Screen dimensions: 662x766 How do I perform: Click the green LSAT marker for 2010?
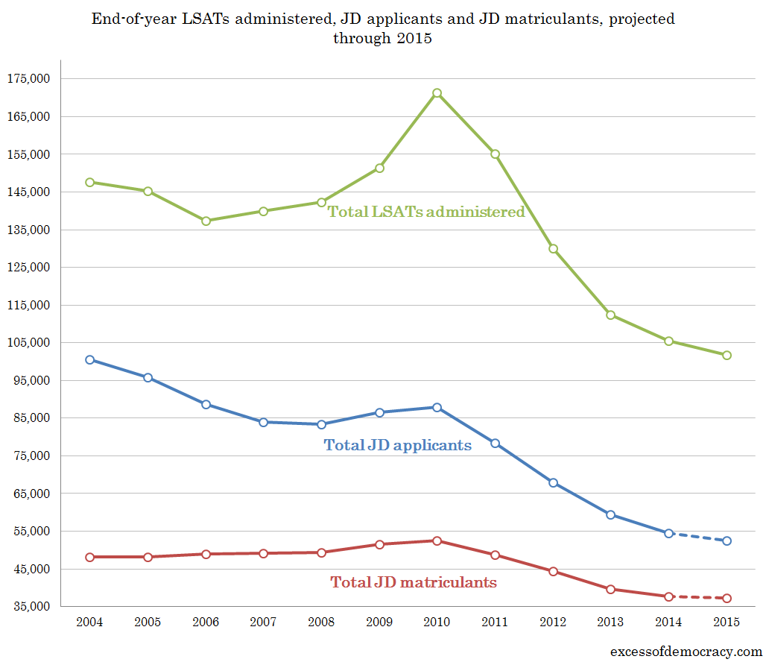pyautogui.click(x=437, y=93)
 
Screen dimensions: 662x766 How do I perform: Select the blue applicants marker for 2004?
pyautogui.click(x=89, y=359)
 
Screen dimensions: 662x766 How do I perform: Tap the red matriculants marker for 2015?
pyautogui.click(x=727, y=598)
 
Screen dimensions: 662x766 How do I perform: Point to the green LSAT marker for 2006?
pyautogui.click(x=206, y=221)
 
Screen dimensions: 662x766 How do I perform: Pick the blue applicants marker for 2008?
pyautogui.click(x=321, y=424)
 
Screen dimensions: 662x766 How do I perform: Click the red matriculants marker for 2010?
pyautogui.click(x=437, y=540)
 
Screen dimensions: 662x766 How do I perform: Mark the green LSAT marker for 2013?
pyautogui.click(x=611, y=315)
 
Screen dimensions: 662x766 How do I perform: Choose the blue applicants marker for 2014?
pyautogui.click(x=669, y=533)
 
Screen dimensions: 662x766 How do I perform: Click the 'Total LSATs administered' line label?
pyautogui.click(x=426, y=212)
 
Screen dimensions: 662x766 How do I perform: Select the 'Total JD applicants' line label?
pyautogui.click(x=398, y=445)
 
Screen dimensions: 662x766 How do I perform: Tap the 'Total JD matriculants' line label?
pyautogui.click(x=414, y=582)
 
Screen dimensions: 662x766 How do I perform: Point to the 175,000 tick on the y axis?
pyautogui.click(x=28, y=78)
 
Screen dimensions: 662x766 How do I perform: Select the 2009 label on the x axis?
pyautogui.click(x=379, y=622)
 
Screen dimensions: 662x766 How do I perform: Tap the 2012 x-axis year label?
pyautogui.click(x=553, y=622)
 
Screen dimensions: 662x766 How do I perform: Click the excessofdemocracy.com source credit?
pyautogui.click(x=686, y=651)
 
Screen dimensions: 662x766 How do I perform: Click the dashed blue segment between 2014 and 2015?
pyautogui.click(x=698, y=537)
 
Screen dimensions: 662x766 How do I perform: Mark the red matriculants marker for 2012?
pyautogui.click(x=553, y=571)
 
